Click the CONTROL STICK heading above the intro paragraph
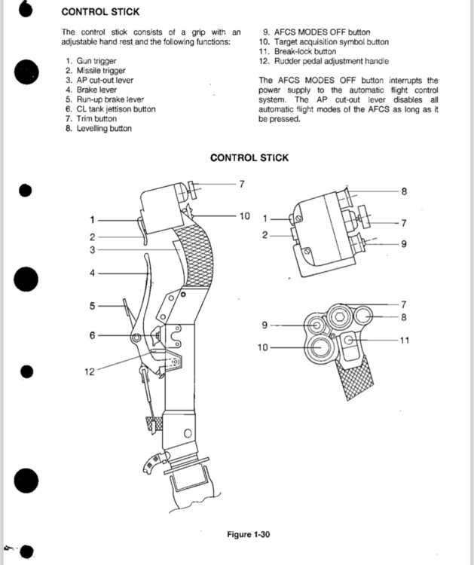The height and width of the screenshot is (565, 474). (x=99, y=13)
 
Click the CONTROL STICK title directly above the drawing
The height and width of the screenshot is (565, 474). (x=249, y=158)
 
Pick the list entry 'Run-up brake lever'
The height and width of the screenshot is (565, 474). (x=110, y=99)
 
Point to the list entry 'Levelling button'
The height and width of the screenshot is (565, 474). (x=103, y=129)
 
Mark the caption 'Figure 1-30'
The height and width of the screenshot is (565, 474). (x=249, y=535)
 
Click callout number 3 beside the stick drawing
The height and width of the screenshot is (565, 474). (x=92, y=249)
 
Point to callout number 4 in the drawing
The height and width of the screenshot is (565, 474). (x=92, y=273)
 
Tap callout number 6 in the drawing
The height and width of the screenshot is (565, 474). (x=92, y=335)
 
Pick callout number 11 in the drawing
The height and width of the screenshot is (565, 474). (x=405, y=341)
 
